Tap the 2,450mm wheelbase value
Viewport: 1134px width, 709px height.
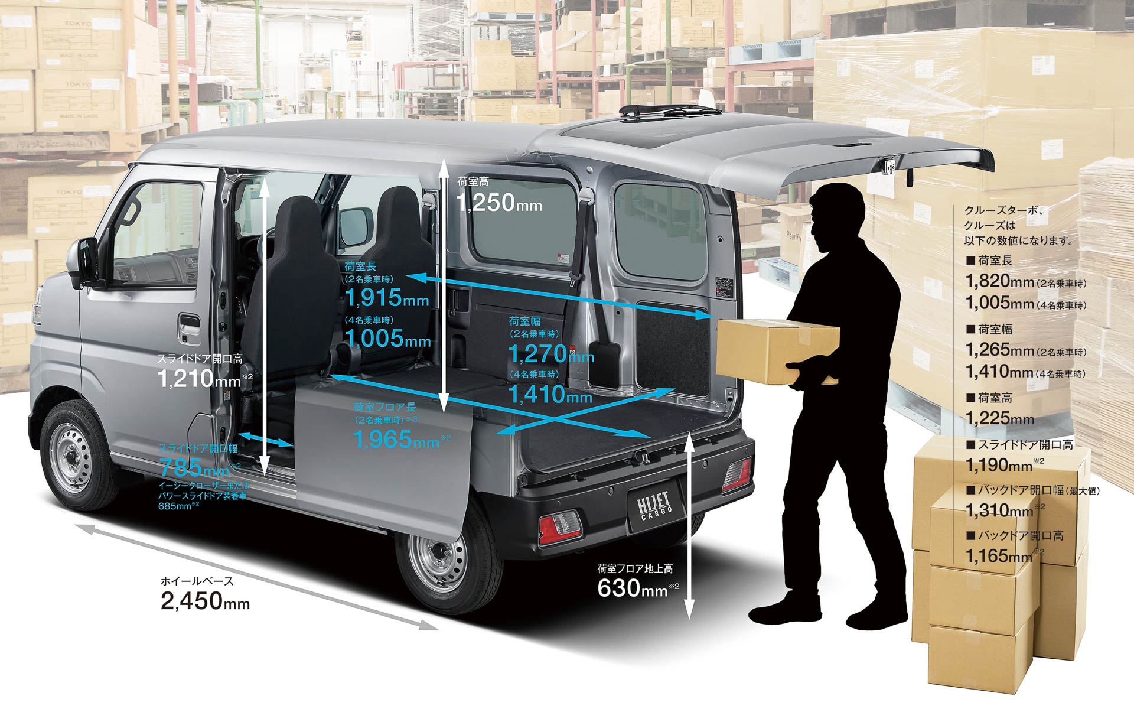[x=205, y=601]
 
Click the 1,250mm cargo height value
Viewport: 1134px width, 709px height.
[x=499, y=203]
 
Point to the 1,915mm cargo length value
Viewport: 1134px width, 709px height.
[x=387, y=298]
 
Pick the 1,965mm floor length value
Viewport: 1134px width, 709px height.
[x=396, y=440]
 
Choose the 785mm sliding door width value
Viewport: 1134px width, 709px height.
[x=194, y=468]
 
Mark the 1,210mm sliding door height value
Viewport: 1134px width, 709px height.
[x=199, y=379]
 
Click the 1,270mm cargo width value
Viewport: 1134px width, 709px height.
[x=550, y=354]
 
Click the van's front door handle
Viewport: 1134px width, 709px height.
[x=189, y=324]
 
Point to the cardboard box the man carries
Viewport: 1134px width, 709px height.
[x=777, y=352]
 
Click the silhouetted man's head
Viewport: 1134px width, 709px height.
[x=836, y=213]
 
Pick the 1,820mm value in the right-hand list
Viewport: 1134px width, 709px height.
[x=999, y=281]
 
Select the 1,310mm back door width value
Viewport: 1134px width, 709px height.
[x=999, y=510]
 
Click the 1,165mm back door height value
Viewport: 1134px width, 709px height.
[x=999, y=556]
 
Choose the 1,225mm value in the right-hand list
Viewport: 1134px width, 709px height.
[x=999, y=418]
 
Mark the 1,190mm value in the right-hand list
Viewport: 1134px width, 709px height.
[x=999, y=465]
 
